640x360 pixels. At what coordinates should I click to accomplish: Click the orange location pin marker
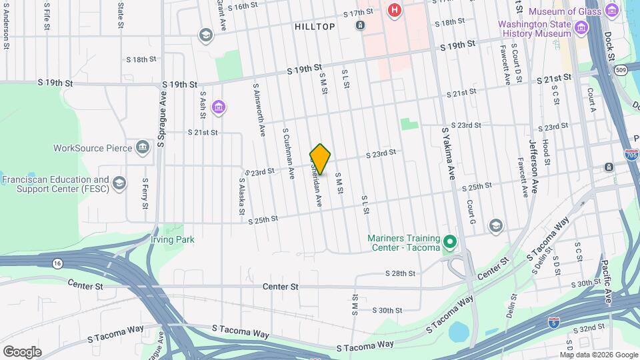coord(321,159)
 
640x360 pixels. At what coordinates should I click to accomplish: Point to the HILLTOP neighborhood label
coord(315,26)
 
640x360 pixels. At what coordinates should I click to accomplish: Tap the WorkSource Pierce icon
coord(142,147)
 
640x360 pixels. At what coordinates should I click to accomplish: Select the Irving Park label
coord(172,239)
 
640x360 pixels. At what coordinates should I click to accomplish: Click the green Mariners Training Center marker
coord(449,241)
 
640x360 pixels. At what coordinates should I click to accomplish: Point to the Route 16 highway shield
coord(58,264)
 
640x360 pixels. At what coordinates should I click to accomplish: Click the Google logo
coord(22,351)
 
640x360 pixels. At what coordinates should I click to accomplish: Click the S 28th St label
coord(400,273)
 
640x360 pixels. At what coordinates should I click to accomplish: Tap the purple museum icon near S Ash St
coord(218,106)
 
